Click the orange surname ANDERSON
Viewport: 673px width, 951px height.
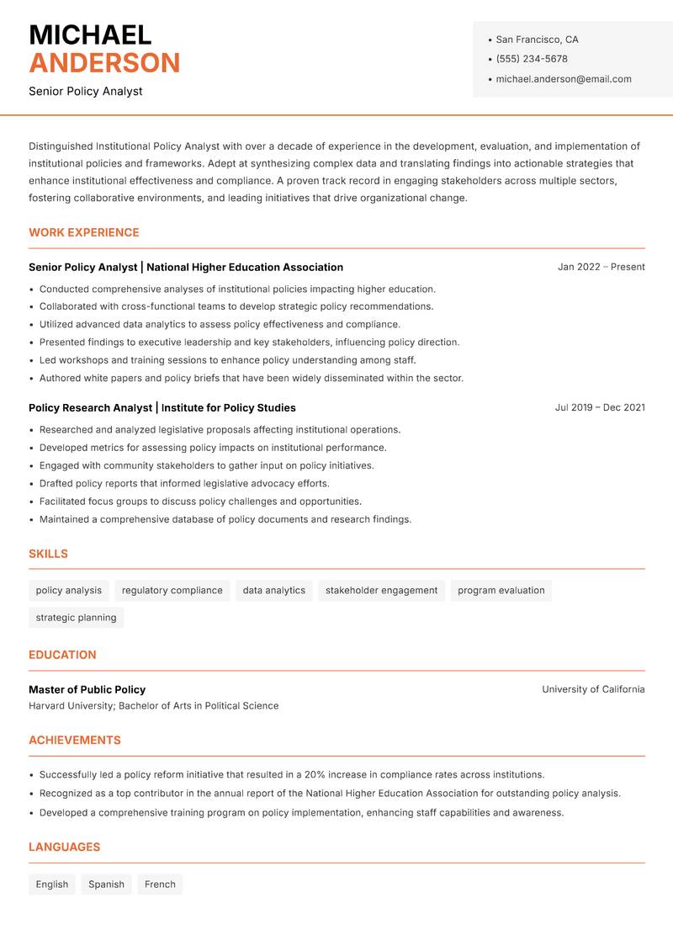104,63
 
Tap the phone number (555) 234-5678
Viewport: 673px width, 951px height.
532,59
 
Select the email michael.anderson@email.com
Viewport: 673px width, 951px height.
564,79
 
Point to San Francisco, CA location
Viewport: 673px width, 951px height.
537,40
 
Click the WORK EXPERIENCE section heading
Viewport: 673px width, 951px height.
84,232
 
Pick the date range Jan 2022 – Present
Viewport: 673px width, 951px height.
601,267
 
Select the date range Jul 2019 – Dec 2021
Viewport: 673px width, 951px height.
600,407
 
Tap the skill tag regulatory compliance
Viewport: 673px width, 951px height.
172,591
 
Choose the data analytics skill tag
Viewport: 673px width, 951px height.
274,591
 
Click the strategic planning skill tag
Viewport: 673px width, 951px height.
76,618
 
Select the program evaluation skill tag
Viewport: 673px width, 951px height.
501,591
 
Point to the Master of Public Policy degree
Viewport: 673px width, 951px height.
87,689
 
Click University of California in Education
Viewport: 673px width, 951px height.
593,689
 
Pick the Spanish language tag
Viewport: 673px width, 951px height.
106,885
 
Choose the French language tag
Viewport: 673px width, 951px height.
160,885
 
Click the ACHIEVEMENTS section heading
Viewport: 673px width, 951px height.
75,741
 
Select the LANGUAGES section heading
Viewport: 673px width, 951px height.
64,847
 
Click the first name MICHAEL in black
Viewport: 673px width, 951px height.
90,35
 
